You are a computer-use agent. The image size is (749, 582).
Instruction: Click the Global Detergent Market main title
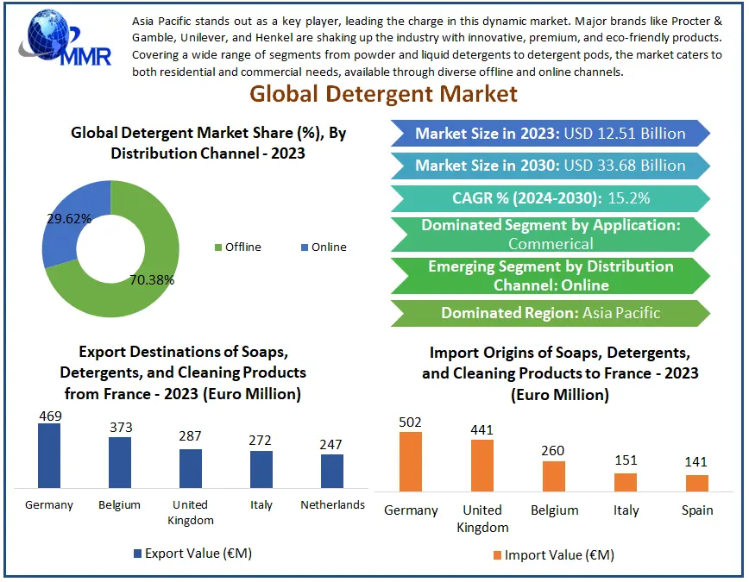coord(383,93)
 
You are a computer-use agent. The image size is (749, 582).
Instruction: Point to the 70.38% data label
coord(153,279)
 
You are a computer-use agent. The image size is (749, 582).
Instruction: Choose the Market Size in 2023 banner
coord(550,133)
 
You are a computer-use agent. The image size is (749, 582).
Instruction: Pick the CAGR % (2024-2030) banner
coord(550,198)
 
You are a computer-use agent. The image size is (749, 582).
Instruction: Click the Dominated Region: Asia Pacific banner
coord(550,313)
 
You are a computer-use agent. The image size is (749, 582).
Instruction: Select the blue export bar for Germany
coord(49,456)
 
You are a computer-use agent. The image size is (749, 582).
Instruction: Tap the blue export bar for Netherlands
coord(332,471)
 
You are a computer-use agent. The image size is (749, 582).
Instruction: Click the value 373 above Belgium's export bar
coord(120,428)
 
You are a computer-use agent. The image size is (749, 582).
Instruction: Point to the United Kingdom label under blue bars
coord(190,511)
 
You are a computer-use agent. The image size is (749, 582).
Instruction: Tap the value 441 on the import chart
coord(481,430)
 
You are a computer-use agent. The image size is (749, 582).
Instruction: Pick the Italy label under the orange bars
coord(626,510)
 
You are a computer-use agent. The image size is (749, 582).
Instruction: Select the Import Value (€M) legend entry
coord(553,554)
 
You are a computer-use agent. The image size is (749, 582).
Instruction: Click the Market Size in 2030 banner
coord(550,166)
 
